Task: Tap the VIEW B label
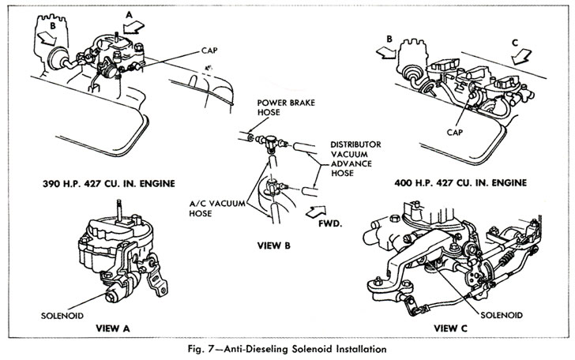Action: (275, 245)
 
